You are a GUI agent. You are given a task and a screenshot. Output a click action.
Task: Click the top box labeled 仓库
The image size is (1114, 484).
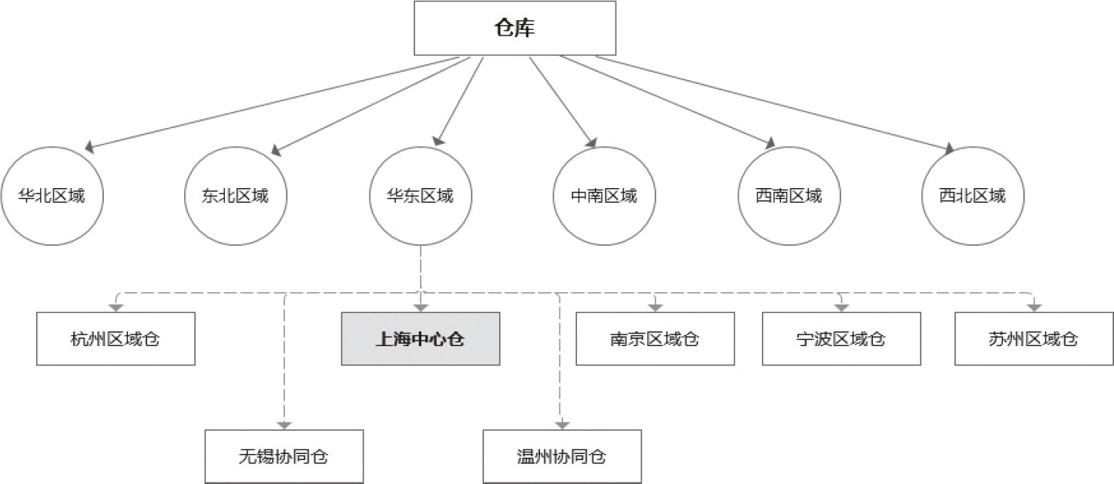point(515,29)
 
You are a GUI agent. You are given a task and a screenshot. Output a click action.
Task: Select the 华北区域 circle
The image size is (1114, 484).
point(52,195)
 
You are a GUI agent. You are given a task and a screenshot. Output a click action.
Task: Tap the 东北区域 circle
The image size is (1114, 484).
point(237,195)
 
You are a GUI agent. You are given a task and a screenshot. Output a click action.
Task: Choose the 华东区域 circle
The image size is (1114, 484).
point(421,195)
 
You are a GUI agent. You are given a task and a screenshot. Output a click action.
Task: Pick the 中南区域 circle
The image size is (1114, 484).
point(604,195)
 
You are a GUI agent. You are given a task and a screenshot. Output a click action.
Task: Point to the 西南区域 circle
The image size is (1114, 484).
point(789,195)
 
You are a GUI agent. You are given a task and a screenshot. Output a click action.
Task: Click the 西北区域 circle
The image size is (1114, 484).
point(972,195)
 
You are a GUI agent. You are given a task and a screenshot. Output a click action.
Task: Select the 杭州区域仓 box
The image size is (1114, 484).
point(116,338)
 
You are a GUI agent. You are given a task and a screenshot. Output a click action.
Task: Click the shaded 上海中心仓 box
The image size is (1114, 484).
point(421,338)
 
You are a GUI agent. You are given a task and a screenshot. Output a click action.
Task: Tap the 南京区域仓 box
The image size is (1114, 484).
point(655,338)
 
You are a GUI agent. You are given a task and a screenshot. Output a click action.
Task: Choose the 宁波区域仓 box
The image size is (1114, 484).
point(841,338)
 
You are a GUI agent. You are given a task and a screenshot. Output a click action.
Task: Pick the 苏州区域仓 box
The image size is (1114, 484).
point(1033,338)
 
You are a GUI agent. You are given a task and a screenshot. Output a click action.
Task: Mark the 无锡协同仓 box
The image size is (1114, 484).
point(284,455)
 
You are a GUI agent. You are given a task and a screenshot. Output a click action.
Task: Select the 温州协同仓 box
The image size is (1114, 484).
point(562,455)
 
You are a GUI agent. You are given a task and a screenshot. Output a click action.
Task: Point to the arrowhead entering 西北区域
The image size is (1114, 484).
point(949,148)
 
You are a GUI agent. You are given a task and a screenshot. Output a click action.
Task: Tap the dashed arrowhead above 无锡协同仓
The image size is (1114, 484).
point(284,424)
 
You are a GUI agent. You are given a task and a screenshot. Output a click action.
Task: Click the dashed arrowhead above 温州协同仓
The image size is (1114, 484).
point(562,424)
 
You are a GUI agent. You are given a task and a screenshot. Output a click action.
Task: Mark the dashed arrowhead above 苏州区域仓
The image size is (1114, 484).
point(1034,307)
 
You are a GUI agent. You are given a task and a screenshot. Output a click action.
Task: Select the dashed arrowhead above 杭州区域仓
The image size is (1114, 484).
point(116,307)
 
